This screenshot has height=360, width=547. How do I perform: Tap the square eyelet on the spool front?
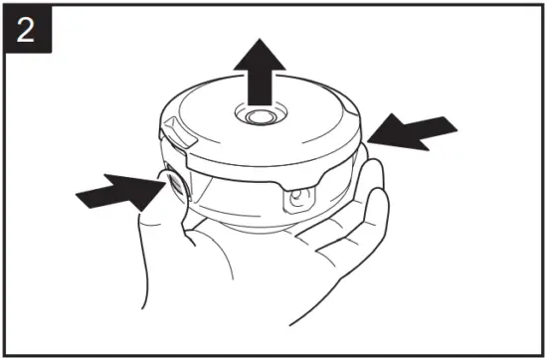point(295,202)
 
